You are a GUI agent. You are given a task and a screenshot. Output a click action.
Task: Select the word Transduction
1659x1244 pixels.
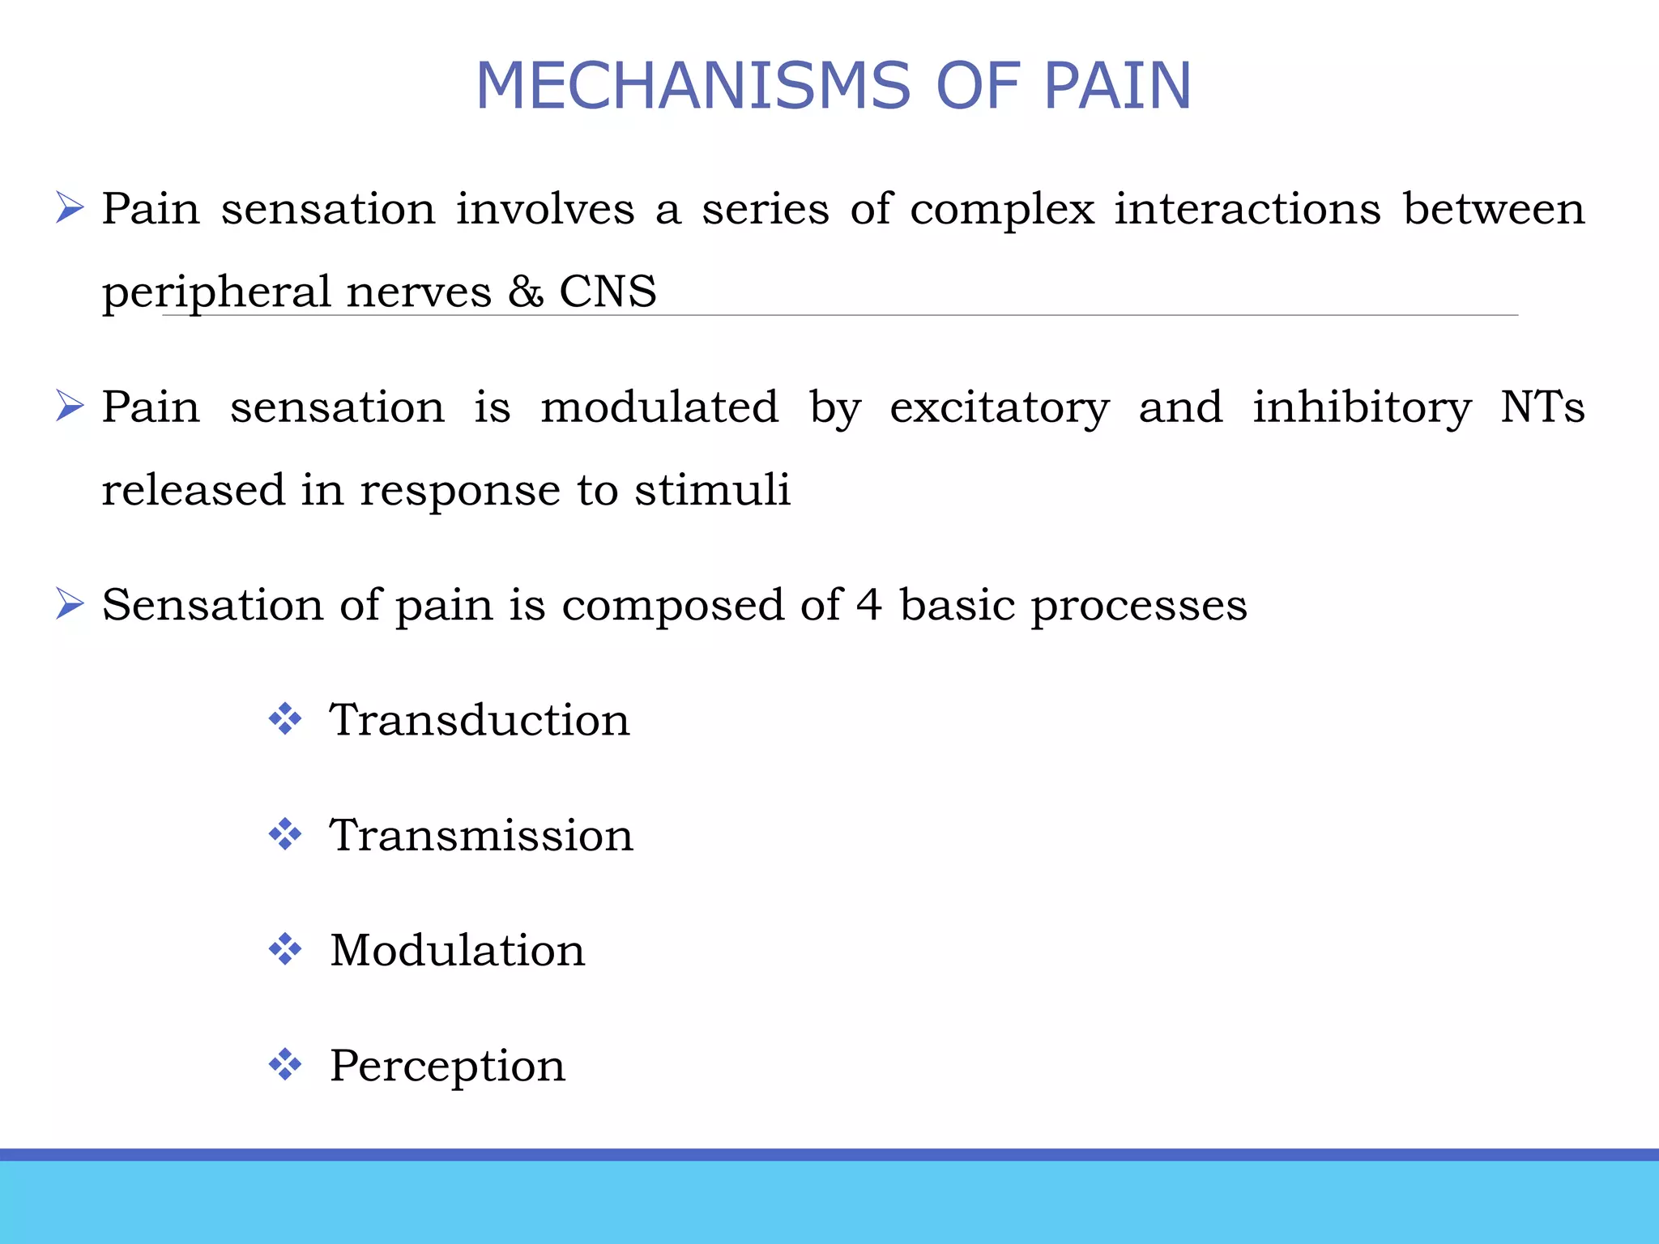(479, 720)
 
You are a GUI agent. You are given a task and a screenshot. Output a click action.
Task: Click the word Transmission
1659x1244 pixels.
(481, 835)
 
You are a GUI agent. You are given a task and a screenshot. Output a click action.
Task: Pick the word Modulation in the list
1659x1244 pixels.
(457, 950)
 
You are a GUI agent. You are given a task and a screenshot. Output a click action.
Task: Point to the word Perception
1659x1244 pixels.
(447, 1066)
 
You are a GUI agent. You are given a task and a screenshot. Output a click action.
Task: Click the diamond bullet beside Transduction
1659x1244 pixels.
(285, 719)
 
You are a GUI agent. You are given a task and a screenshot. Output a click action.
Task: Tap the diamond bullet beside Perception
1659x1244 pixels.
(285, 1064)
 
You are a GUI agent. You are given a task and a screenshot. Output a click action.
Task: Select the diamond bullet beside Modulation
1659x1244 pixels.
(285, 949)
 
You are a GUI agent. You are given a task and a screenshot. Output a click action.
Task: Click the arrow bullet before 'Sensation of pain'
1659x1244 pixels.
(70, 604)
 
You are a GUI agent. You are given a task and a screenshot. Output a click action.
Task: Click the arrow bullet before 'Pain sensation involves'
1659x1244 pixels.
(70, 208)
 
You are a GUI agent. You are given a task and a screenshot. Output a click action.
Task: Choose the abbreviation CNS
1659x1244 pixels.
(608, 292)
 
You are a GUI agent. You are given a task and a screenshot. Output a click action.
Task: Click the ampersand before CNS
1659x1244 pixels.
(526, 292)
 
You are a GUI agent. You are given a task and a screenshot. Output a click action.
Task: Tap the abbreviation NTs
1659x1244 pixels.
(1542, 407)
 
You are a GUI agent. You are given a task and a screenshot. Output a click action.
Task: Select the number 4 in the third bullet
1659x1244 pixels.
(869, 605)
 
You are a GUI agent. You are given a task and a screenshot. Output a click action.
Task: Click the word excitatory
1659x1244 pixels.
(1000, 408)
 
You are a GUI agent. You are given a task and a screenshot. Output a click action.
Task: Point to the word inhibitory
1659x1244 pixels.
(1362, 408)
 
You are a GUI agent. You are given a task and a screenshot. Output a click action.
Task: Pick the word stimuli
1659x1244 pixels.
(712, 489)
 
